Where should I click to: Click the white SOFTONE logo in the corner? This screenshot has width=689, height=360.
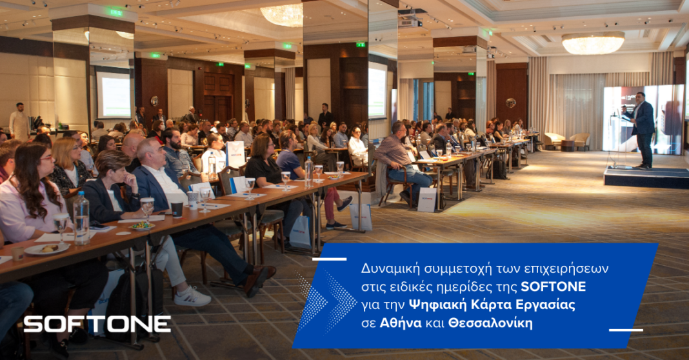97,324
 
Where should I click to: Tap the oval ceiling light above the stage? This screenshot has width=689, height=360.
593,43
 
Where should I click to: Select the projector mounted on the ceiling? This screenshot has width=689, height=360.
410,21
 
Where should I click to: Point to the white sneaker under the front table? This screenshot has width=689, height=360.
192,297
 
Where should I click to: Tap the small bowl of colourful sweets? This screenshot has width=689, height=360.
141,226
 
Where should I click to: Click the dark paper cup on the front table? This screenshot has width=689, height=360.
176,209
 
